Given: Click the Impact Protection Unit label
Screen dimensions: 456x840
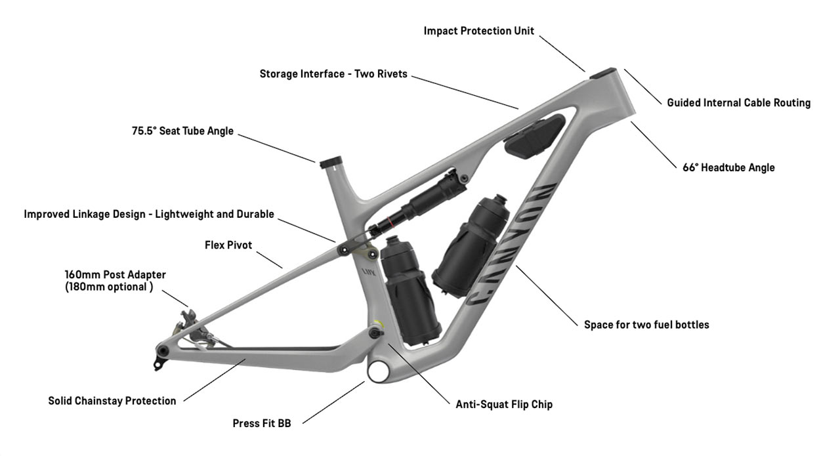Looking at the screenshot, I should coord(478,31).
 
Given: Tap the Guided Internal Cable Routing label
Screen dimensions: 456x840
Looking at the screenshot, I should coord(738,102).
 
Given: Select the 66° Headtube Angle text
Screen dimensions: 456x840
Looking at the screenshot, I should coord(728,167).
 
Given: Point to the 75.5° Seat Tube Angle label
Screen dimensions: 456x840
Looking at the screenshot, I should coord(182,131).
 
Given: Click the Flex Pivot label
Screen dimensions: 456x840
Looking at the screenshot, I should coord(228,245).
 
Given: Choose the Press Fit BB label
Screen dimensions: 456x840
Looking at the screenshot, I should coord(261,423).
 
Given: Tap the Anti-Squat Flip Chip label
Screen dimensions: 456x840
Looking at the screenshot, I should coord(504,404).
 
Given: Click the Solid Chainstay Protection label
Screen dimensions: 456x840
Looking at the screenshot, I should coord(112,400).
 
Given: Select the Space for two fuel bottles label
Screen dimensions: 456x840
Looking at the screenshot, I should coord(646,324).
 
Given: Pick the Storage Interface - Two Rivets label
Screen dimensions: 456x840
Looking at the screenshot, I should coord(333,73).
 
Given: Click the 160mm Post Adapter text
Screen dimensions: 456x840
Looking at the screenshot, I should coord(115,274).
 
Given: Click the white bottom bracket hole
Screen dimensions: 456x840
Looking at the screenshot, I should coord(379,370).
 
